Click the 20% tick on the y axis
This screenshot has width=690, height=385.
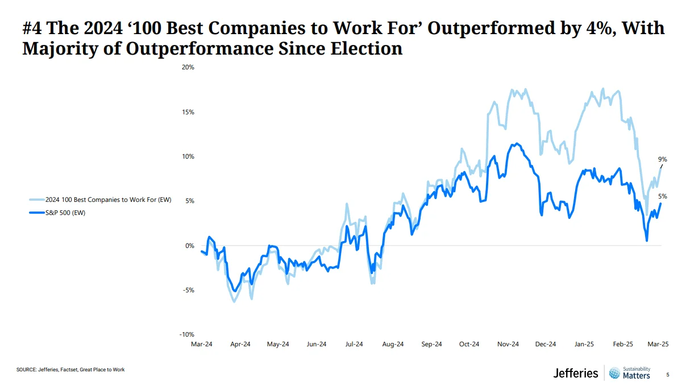188,67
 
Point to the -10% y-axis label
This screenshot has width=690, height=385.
186,334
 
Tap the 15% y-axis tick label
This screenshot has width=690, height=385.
188,112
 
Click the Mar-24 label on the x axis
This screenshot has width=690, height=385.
201,344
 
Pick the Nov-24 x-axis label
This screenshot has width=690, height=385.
508,344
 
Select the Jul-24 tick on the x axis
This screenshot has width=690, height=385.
354,344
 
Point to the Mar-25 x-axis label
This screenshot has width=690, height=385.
658,344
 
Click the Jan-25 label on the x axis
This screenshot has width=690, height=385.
584,344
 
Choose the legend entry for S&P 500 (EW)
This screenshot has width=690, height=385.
65,213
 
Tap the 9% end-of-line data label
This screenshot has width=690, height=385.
663,159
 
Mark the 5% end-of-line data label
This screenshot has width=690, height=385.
663,196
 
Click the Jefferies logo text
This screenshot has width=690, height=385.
576,373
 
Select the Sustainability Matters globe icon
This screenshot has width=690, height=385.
614,373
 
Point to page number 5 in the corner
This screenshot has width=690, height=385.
668,375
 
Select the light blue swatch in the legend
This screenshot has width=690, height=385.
36,200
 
